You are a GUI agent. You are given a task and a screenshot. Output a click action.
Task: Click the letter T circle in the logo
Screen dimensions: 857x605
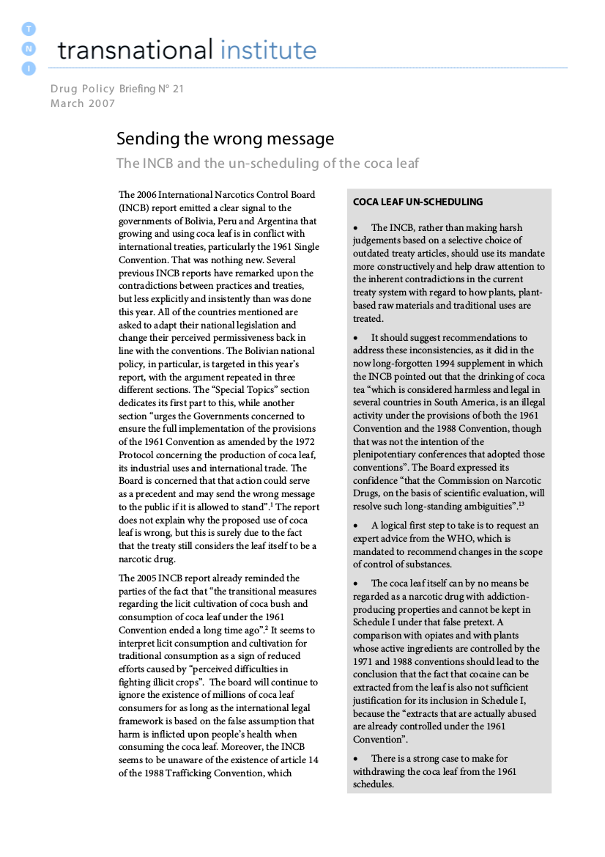tap(29, 29)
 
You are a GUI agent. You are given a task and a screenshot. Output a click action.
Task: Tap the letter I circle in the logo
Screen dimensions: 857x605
tap(29, 68)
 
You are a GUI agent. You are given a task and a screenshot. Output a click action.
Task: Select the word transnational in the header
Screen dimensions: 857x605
tap(133, 50)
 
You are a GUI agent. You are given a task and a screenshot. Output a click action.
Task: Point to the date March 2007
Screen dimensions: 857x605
tap(83, 103)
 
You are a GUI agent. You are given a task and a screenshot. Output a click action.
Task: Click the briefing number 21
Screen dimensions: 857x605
tap(178, 89)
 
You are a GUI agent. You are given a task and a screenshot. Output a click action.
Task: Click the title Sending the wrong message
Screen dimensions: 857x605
tap(225, 139)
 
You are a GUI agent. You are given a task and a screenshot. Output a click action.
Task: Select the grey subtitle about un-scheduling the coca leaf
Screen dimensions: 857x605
tap(267, 163)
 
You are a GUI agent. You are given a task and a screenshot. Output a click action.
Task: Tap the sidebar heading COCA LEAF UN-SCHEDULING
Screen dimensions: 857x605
tap(417, 202)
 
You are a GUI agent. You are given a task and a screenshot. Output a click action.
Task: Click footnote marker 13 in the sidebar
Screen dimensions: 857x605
tap(522, 504)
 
